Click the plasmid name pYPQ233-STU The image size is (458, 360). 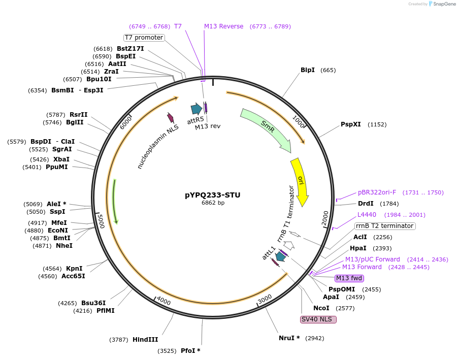pyautogui.click(x=213, y=195)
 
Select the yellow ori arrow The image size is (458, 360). pyautogui.click(x=301, y=181)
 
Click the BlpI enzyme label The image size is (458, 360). pyautogui.click(x=308, y=70)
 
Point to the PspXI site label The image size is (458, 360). pyautogui.click(x=350, y=124)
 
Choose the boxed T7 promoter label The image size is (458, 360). pyautogui.click(x=144, y=38)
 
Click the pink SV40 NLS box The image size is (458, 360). pyautogui.click(x=318, y=319)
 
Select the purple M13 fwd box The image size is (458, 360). pyautogui.click(x=349, y=278)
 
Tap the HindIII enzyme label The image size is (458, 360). pyautogui.click(x=145, y=339)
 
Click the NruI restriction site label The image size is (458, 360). pyautogui.click(x=289, y=338)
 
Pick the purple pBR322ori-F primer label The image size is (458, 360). pyautogui.click(x=377, y=192)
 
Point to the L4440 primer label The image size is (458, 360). pyautogui.click(x=367, y=215)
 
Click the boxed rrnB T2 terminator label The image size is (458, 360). pyautogui.click(x=384, y=226)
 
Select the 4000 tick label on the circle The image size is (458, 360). pyautogui.click(x=163, y=301)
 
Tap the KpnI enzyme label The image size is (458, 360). pyautogui.click(x=74, y=269)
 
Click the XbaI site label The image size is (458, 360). pyautogui.click(x=61, y=159)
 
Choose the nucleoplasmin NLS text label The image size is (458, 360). pyautogui.click(x=158, y=147)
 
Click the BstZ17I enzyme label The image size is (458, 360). pyautogui.click(x=130, y=49)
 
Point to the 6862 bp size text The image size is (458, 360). pyautogui.click(x=213, y=203)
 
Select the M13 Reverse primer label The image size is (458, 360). pyautogui.click(x=223, y=26)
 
